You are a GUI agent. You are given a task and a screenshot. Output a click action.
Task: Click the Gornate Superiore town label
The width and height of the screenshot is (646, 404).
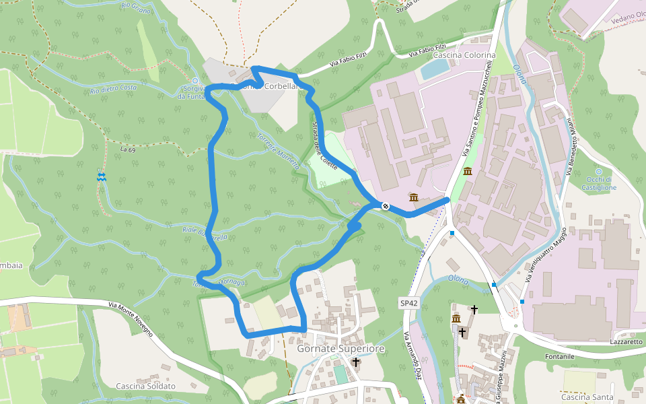[340, 349]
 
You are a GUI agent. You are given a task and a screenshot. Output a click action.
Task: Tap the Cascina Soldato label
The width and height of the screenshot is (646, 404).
[145, 386]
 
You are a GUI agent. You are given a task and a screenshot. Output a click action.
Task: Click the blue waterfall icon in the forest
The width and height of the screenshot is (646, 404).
[101, 176]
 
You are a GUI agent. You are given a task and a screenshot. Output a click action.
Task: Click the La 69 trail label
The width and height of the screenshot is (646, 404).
[127, 149]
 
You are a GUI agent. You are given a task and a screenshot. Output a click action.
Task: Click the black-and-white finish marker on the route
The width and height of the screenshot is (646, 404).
[385, 206]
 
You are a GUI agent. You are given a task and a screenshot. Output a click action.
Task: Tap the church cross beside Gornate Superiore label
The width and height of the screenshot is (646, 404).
[355, 362]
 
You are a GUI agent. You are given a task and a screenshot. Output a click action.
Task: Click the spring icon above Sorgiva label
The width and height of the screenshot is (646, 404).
[195, 81]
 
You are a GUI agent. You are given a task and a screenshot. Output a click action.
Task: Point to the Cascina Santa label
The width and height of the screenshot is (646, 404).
[587, 397]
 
